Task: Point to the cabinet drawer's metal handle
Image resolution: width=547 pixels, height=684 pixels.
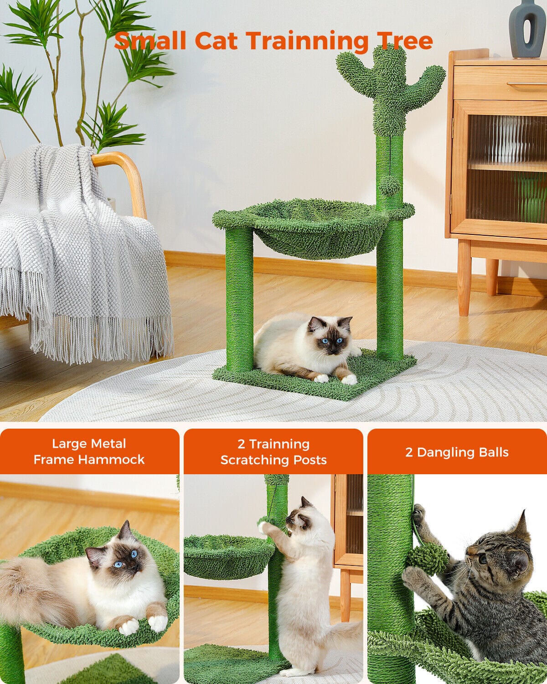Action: click(x=526, y=84)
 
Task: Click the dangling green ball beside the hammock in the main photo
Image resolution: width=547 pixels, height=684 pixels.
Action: click(x=390, y=186)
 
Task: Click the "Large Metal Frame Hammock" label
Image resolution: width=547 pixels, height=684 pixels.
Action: click(x=89, y=451)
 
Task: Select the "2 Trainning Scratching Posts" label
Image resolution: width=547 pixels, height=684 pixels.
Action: click(x=273, y=452)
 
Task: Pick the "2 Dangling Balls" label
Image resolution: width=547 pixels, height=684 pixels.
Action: click(x=457, y=452)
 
